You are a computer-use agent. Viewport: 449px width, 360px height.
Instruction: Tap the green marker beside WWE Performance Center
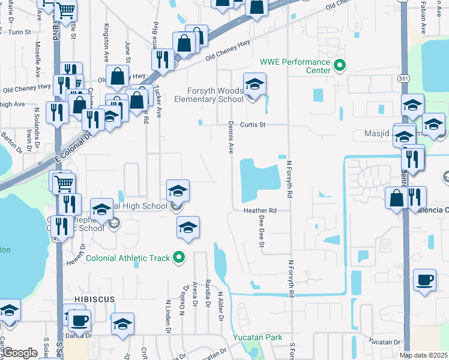[x=340, y=65]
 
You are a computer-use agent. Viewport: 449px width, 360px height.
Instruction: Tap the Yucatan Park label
[x=258, y=337]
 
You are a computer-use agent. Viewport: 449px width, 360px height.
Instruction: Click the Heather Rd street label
[x=260, y=211]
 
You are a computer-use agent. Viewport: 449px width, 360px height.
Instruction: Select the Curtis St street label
[x=253, y=125]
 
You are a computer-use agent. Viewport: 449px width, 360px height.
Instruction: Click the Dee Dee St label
[x=262, y=231]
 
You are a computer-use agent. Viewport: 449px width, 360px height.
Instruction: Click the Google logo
[x=20, y=353]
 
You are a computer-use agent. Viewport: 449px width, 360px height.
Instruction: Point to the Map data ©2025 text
[x=424, y=355]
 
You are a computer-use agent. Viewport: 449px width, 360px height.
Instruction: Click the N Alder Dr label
[x=220, y=310]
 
